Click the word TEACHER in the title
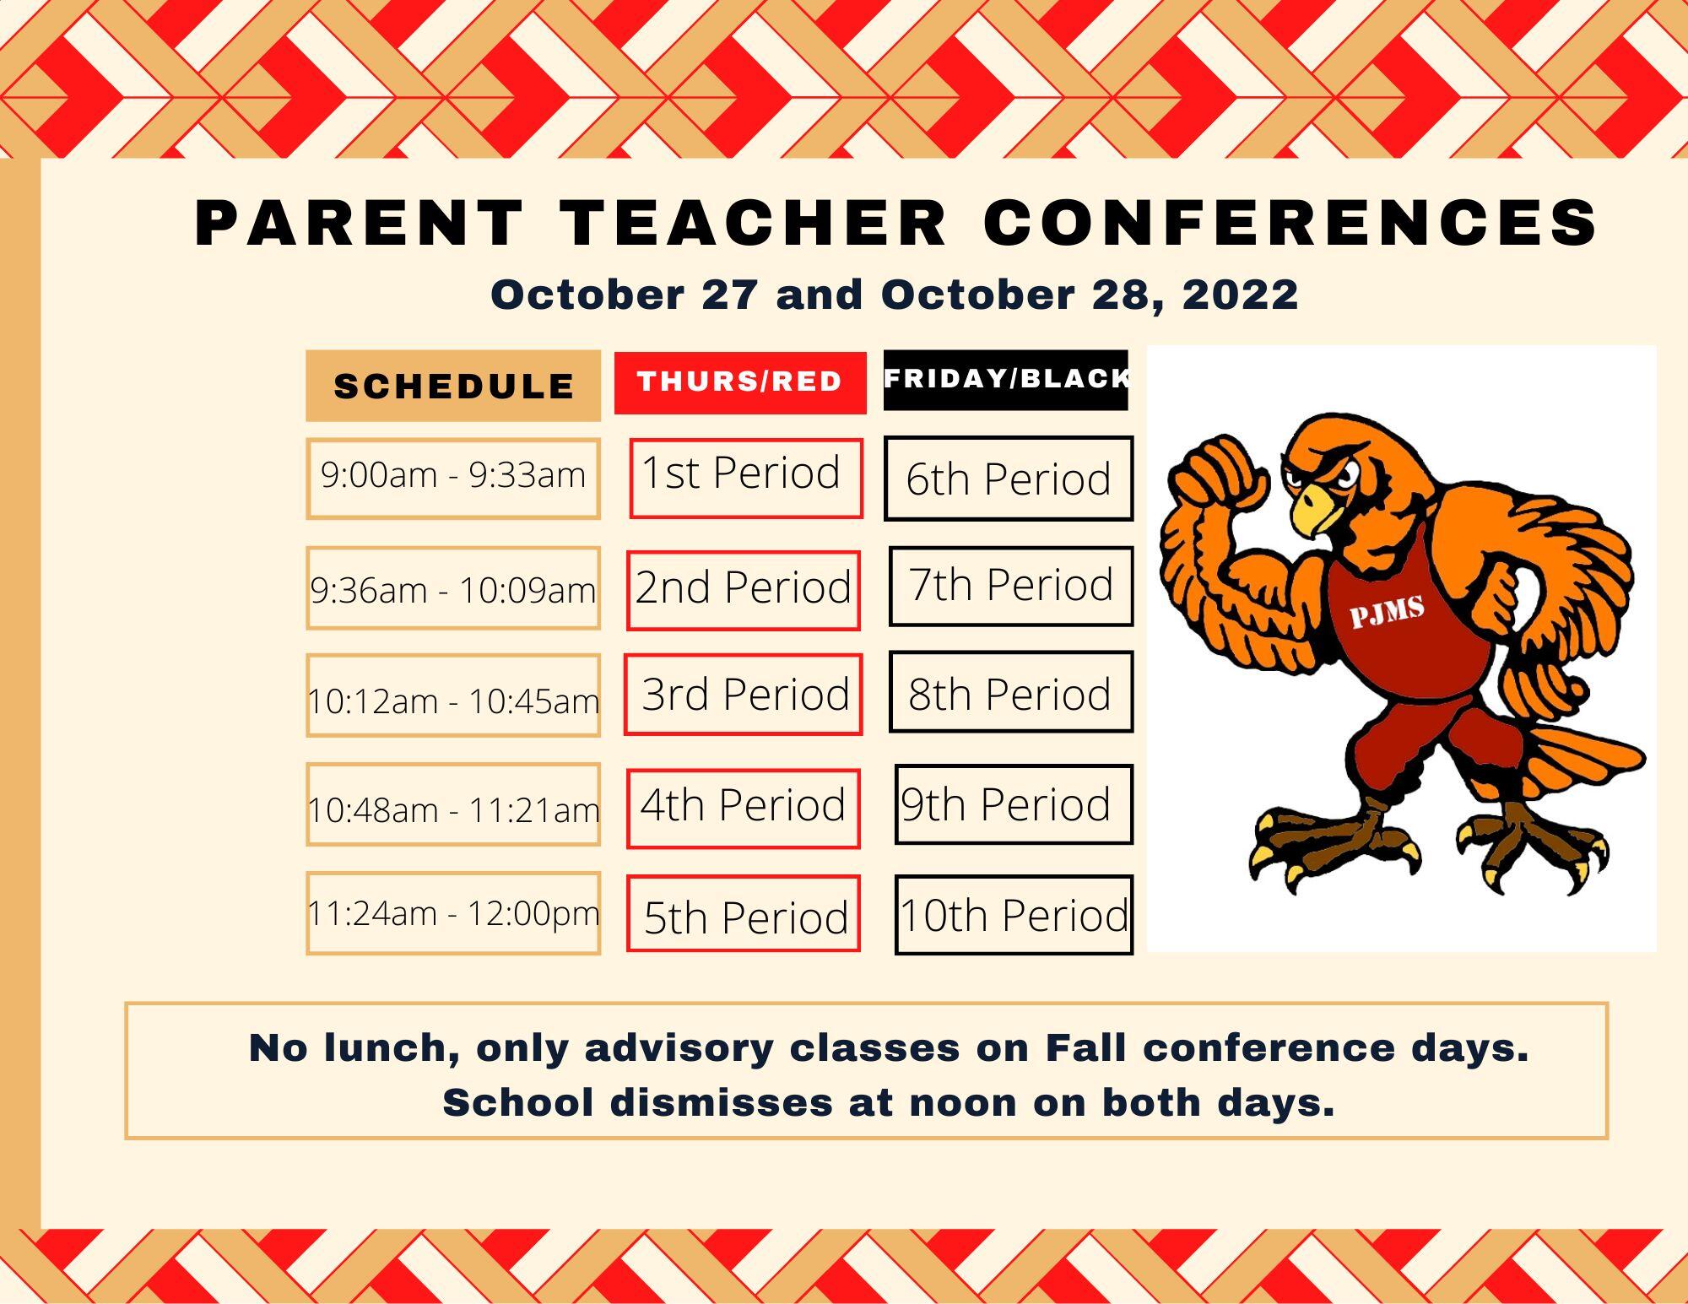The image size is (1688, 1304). point(753,223)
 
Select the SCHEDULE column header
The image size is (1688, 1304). point(453,386)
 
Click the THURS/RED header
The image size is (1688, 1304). point(740,382)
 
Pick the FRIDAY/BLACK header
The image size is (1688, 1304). point(1006,380)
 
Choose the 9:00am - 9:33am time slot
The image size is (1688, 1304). point(453,478)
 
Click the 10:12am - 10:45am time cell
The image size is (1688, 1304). point(453,695)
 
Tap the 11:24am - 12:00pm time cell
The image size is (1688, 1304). point(453,913)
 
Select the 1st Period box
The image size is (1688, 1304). point(746,478)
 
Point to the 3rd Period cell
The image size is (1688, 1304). point(744,695)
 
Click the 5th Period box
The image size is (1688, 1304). point(744,914)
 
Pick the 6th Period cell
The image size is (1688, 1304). point(1009,479)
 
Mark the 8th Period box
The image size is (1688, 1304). point(1011,692)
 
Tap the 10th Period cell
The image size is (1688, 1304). point(1014,916)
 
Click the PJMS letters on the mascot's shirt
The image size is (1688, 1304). point(1388,611)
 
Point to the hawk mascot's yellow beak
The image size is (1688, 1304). point(1314,508)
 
